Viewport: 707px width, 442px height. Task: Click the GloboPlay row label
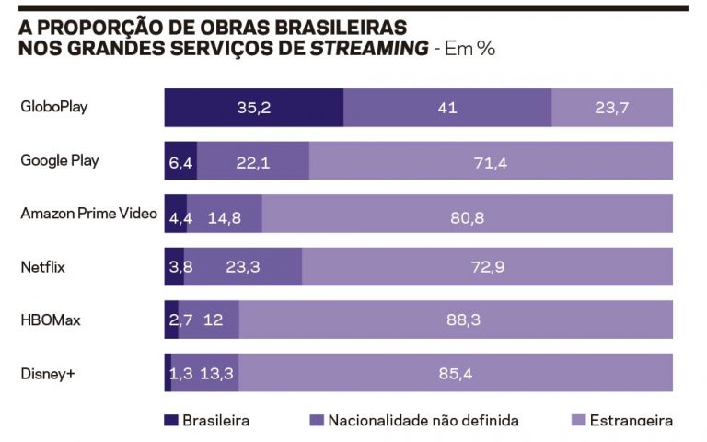pyautogui.click(x=54, y=107)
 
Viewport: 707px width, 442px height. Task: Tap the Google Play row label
pyautogui.click(x=60, y=160)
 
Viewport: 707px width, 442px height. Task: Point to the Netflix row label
pyautogui.click(x=42, y=267)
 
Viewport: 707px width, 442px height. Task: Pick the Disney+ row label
pyautogui.click(x=47, y=373)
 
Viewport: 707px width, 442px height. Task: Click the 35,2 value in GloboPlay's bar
pyautogui.click(x=253, y=108)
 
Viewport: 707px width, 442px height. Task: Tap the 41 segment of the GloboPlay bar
pyautogui.click(x=447, y=108)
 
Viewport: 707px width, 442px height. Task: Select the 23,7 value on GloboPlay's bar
pyautogui.click(x=611, y=108)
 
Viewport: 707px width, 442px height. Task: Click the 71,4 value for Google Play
pyautogui.click(x=490, y=162)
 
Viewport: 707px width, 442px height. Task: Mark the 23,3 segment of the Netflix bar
pyautogui.click(x=242, y=268)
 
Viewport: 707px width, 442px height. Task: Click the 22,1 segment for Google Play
pyautogui.click(x=252, y=162)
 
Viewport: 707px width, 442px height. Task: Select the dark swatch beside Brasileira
pyautogui.click(x=171, y=420)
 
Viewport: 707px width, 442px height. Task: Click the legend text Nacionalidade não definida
pyautogui.click(x=423, y=421)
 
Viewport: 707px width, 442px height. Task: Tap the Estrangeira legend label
pyautogui.click(x=632, y=421)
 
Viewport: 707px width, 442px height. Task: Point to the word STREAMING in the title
pyautogui.click(x=369, y=48)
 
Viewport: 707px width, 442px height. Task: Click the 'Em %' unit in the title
pyautogui.click(x=469, y=48)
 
